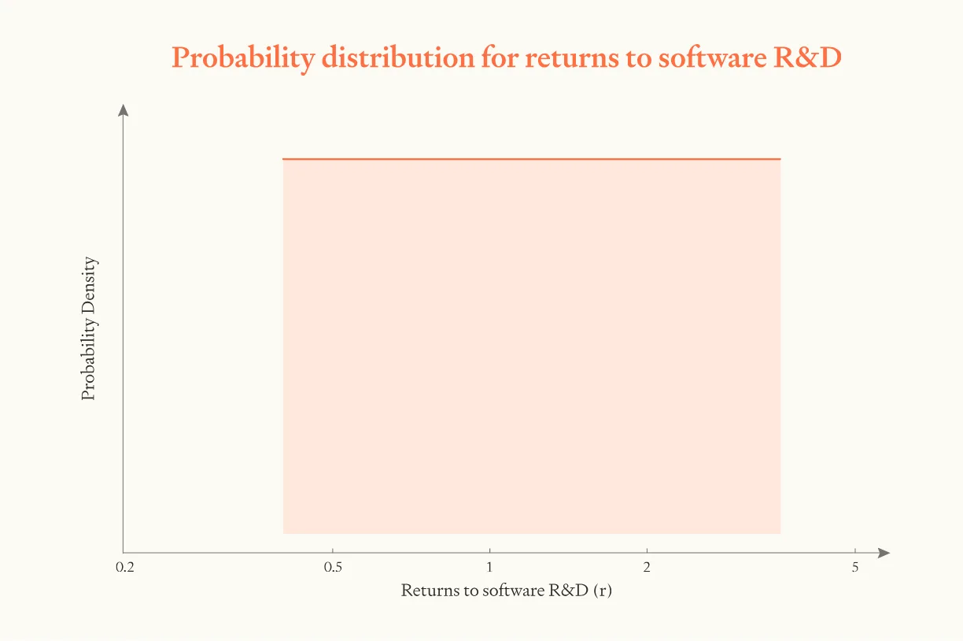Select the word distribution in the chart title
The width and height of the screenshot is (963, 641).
point(393,58)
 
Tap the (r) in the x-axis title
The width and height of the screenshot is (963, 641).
point(602,591)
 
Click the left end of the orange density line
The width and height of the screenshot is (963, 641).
point(283,159)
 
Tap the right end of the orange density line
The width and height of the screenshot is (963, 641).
point(780,159)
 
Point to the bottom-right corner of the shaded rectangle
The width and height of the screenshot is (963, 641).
point(780,533)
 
